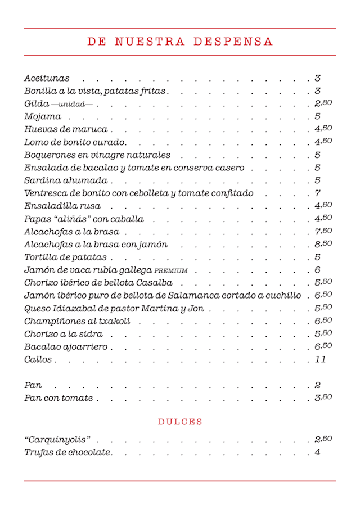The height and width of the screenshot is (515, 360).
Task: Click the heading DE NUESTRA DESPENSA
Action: click(x=180, y=42)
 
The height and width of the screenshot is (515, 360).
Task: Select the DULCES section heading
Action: click(x=180, y=422)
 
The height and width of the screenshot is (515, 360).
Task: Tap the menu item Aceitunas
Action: click(x=47, y=78)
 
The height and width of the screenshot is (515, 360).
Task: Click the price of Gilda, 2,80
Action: click(x=323, y=103)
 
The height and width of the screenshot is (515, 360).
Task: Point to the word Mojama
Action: click(x=43, y=116)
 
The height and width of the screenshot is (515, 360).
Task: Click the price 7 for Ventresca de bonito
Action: click(x=318, y=193)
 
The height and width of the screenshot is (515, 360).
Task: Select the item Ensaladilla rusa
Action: click(x=62, y=206)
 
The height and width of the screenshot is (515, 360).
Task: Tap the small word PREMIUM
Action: click(x=171, y=270)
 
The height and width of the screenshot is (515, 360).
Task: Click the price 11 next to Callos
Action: click(x=320, y=359)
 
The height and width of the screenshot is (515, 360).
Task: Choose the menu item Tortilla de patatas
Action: click(x=65, y=257)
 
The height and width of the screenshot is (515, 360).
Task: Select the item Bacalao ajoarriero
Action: click(x=66, y=347)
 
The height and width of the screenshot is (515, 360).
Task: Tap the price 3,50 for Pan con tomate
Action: click(x=323, y=397)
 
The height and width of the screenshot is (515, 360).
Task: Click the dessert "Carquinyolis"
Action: click(x=57, y=439)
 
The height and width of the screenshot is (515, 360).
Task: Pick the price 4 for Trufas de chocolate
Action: click(x=318, y=452)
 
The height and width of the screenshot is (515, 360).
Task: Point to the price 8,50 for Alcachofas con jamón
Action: click(x=323, y=244)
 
